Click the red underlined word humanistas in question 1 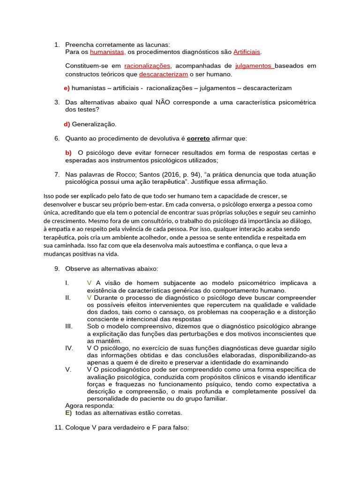tap(107, 52)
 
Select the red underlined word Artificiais tap(247, 52)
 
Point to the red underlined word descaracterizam tap(164, 74)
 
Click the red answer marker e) tap(67, 88)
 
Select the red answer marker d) tap(67, 124)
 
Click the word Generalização tap(94, 124)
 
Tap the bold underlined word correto tap(198, 138)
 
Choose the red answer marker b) tap(68, 153)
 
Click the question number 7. tap(56, 174)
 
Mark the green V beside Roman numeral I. tap(89, 283)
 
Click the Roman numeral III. tap(68, 326)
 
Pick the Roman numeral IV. tap(69, 348)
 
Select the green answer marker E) tap(68, 413)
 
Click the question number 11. tap(58, 427)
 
